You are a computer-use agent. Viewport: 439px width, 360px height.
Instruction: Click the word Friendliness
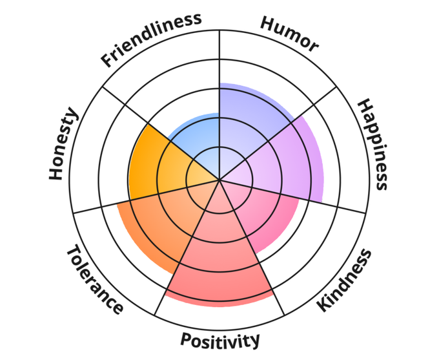coord(152,39)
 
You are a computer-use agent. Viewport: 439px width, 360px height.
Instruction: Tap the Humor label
coord(289,34)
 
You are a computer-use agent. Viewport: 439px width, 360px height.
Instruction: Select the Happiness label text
coord(373,144)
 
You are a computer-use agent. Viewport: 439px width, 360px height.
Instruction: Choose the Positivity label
coord(220,340)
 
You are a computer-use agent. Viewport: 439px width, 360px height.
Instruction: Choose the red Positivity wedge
coord(219,259)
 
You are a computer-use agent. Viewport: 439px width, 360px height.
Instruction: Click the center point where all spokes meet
coord(219,180)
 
